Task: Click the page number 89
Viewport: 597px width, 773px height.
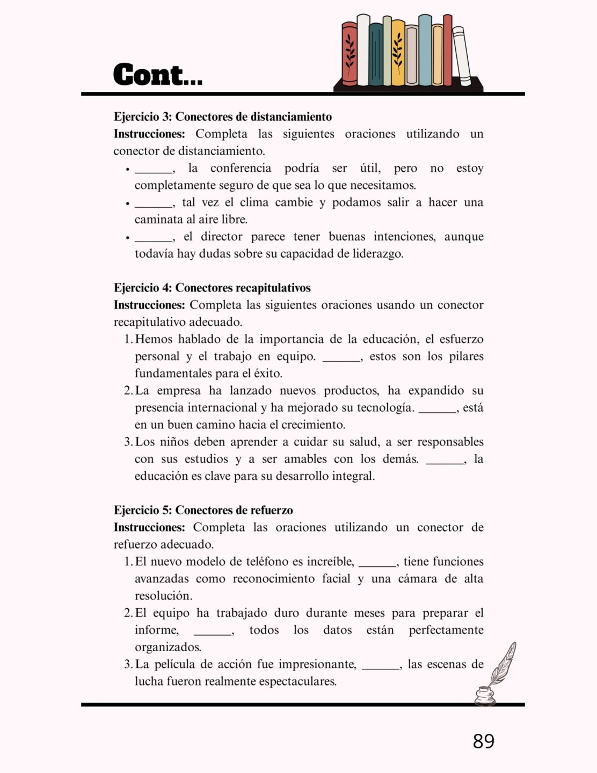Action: point(483,741)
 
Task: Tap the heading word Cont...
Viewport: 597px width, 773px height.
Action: point(157,75)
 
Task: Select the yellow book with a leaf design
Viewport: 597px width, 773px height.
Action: point(398,54)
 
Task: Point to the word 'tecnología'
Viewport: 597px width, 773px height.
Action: point(385,407)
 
